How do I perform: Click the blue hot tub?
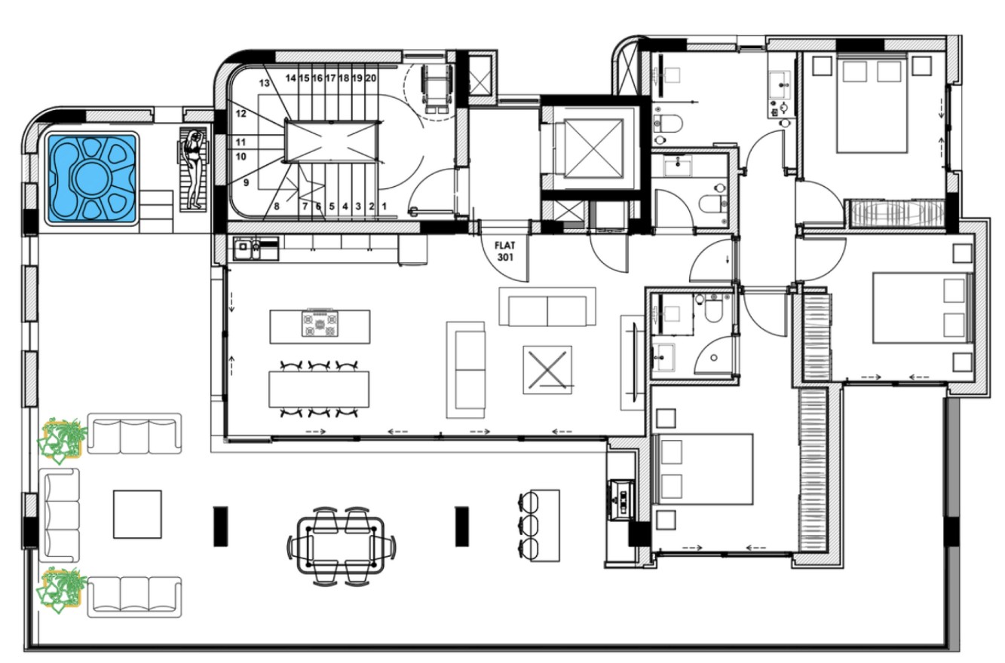click(92, 179)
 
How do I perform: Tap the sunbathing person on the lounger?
click(195, 170)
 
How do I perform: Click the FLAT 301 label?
click(504, 252)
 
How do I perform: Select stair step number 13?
click(265, 83)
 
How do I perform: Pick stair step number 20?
click(371, 78)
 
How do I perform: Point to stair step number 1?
click(385, 206)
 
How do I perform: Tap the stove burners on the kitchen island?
click(320, 322)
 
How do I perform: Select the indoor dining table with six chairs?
click(319, 389)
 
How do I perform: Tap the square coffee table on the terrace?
click(137, 514)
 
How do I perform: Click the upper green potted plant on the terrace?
click(63, 439)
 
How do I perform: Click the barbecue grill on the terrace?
click(621, 500)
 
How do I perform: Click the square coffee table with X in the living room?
click(547, 370)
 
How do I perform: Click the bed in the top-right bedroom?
click(872, 102)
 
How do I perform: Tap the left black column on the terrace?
click(220, 527)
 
